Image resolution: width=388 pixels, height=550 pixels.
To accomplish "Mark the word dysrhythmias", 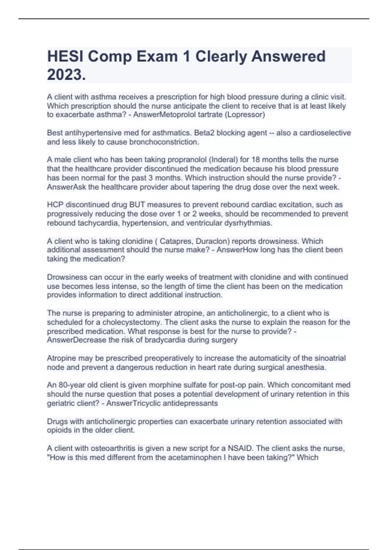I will (249, 223).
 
